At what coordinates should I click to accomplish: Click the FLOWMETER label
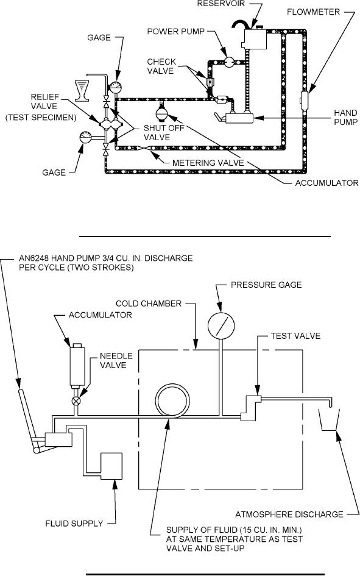tap(313, 12)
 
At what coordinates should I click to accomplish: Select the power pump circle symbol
tap(228, 62)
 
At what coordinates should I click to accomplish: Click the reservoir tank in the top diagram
tap(254, 38)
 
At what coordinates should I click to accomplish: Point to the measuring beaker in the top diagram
tap(82, 90)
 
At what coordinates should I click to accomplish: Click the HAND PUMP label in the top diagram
tap(345, 117)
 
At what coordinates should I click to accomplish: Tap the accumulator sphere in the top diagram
tap(161, 113)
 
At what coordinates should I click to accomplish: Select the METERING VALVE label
tap(208, 162)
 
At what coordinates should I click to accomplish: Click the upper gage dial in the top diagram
tap(116, 87)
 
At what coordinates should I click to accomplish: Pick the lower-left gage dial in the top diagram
tap(85, 138)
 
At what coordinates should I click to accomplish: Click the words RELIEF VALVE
tap(44, 102)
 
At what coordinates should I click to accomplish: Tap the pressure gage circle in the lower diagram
tap(221, 325)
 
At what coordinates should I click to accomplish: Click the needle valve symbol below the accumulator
tap(76, 401)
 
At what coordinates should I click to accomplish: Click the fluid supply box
tap(111, 466)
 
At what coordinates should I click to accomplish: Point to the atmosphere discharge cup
tap(329, 419)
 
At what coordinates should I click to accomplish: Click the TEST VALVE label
tap(295, 336)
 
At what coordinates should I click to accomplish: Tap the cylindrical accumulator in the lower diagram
tap(77, 366)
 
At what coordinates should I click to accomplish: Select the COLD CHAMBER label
tap(149, 304)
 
